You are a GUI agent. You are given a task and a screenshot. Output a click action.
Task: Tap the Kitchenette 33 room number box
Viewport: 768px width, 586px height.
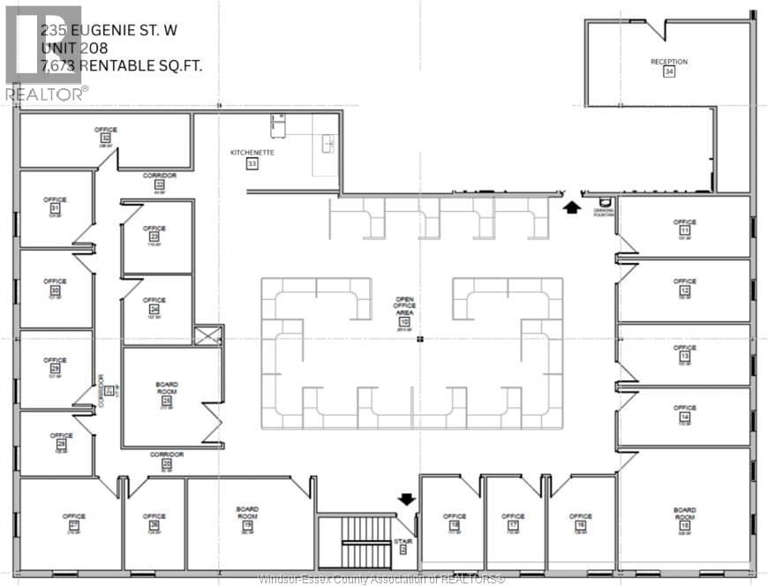[252, 164]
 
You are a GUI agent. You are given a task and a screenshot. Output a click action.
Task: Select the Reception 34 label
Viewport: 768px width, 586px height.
[668, 62]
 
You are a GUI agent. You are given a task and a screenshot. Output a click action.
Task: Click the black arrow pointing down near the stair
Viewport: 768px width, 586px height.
[407, 500]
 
